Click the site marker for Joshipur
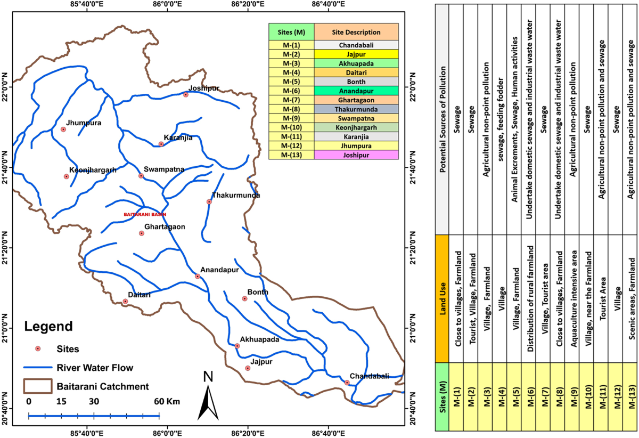click(186, 95)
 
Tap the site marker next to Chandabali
click(347, 383)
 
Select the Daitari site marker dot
click(125, 302)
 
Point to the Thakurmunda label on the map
click(236, 196)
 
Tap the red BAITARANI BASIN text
click(145, 215)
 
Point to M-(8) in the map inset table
click(292, 109)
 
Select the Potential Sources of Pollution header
click(442, 120)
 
